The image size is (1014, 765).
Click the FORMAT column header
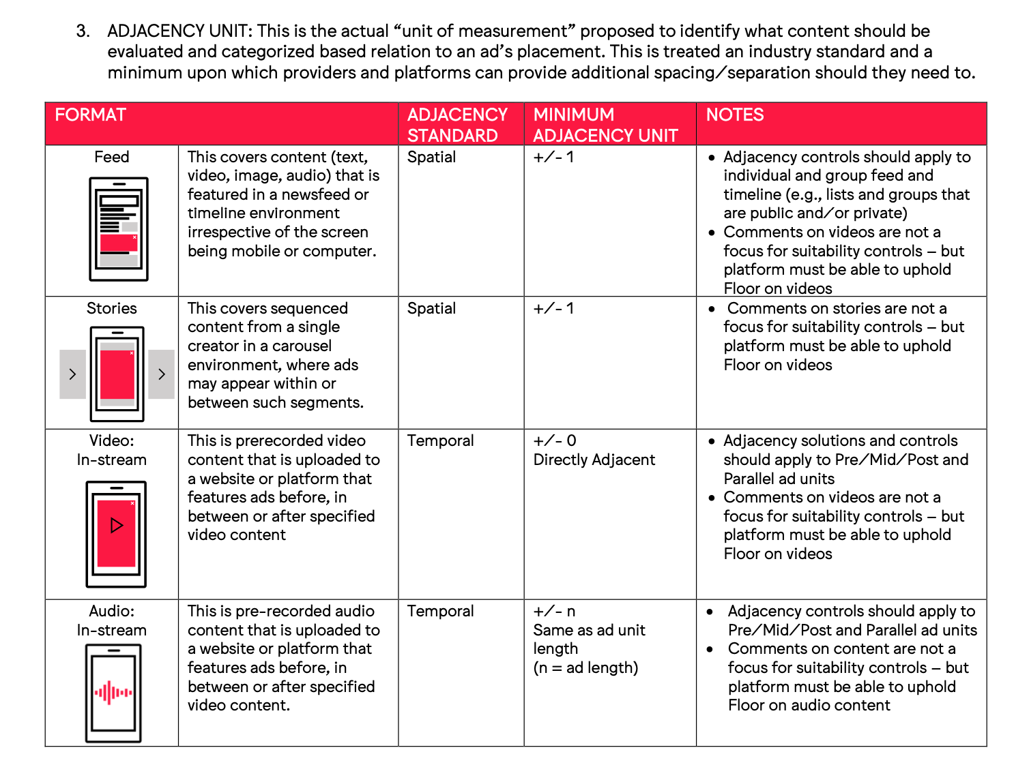coord(91,115)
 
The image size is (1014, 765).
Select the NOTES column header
coord(734,115)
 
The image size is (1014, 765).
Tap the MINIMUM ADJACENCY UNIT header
coord(605,125)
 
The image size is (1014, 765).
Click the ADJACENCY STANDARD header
coord(457,125)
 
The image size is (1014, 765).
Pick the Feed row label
coord(111,157)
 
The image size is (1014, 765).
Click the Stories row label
coord(111,308)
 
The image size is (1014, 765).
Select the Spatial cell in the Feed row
coord(431,157)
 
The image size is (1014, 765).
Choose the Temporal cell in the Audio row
coord(440,611)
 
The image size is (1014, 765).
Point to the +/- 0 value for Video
coord(554,440)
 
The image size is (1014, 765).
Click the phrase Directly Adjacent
coord(594,460)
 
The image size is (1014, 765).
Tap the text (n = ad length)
coord(585,667)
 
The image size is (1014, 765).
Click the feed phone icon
coord(119,229)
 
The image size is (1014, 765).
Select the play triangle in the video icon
coord(117,525)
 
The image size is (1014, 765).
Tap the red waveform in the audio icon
coord(113,693)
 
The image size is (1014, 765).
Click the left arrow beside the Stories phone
coord(72,374)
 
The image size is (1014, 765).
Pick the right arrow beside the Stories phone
coord(161,374)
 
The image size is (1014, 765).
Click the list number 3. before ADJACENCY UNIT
coord(83,31)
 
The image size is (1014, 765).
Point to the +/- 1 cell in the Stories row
coord(553,308)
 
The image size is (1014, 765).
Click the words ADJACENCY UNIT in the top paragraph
coord(179,31)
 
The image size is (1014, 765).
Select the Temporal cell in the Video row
coord(440,440)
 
